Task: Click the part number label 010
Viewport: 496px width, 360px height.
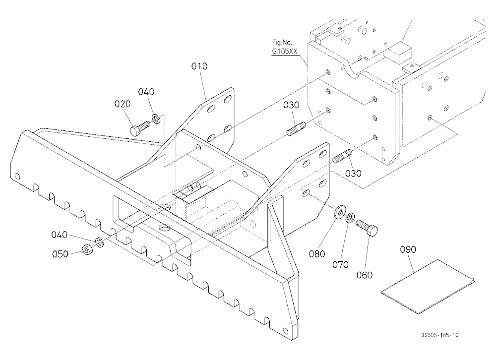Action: tap(199, 66)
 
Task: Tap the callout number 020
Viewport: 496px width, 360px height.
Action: tap(123, 104)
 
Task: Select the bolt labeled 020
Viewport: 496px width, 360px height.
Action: tap(140, 127)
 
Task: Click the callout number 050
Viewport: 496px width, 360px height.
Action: tap(60, 254)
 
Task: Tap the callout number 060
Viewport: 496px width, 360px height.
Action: tap(365, 275)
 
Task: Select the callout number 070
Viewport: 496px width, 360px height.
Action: tap(340, 264)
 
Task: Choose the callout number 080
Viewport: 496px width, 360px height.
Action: tap(317, 254)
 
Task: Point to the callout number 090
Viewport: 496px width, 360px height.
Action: tap(408, 249)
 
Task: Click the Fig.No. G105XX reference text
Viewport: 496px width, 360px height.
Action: tap(284, 47)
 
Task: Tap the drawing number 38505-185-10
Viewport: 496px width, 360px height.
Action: tap(439, 335)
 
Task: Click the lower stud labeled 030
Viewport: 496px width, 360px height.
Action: tap(342, 156)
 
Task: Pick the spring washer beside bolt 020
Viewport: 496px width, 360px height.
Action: tap(156, 120)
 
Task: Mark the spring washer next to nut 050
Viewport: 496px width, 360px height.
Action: tap(100, 242)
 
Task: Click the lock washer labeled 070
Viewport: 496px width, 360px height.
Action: tap(350, 218)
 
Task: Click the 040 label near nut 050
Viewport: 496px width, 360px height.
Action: tap(60, 235)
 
